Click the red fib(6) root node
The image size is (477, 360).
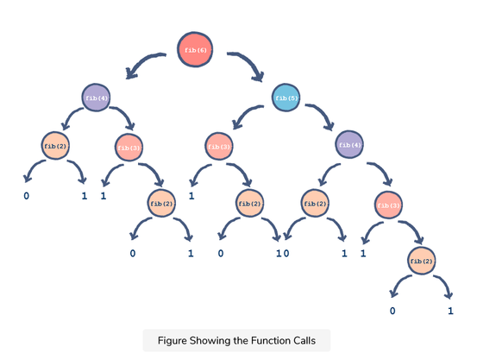pyautogui.click(x=195, y=49)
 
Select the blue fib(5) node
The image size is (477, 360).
pyautogui.click(x=286, y=98)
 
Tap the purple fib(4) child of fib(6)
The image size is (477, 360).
pyautogui.click(x=96, y=98)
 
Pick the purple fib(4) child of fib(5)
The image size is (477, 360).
pyautogui.click(x=349, y=145)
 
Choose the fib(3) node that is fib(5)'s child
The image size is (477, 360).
pyautogui.click(x=219, y=147)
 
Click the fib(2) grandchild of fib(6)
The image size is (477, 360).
pyautogui.click(x=55, y=146)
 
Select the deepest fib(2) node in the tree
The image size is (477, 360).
pyautogui.click(x=421, y=261)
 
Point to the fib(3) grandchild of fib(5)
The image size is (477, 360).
pyautogui.click(x=388, y=205)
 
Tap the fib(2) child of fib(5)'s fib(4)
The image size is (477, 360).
pyautogui.click(x=315, y=204)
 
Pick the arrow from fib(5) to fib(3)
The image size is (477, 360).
pyautogui.click(x=245, y=113)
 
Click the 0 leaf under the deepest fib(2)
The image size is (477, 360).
pyautogui.click(x=392, y=311)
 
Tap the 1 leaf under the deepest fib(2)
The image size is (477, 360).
pyautogui.click(x=450, y=311)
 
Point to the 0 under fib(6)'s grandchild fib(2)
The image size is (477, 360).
pyautogui.click(x=27, y=196)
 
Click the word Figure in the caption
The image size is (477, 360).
pyautogui.click(x=173, y=340)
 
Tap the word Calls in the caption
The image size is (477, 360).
pyautogui.click(x=304, y=340)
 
